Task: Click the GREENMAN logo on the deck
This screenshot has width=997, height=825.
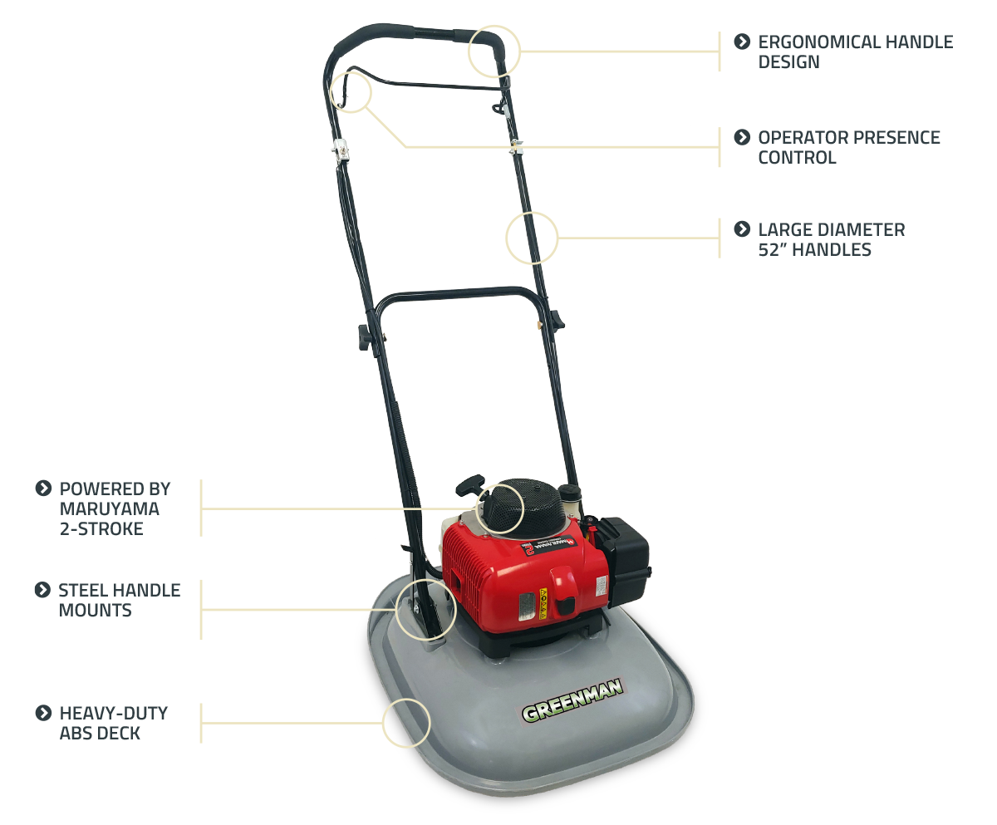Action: click(572, 700)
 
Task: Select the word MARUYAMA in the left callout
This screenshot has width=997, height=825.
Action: click(110, 509)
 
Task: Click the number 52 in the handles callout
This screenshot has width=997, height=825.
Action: click(769, 250)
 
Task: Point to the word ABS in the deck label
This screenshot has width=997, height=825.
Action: click(76, 734)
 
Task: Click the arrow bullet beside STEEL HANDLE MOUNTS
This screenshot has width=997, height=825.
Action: click(43, 590)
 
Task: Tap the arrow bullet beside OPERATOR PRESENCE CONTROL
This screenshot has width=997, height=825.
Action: click(742, 138)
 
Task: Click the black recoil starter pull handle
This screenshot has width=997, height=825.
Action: click(469, 485)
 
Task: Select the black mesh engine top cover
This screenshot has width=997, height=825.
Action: click(525, 507)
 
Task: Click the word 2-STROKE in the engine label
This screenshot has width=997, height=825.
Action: click(101, 529)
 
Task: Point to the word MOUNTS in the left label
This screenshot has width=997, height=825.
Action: click(95, 610)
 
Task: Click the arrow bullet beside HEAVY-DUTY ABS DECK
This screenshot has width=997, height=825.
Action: click(43, 714)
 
